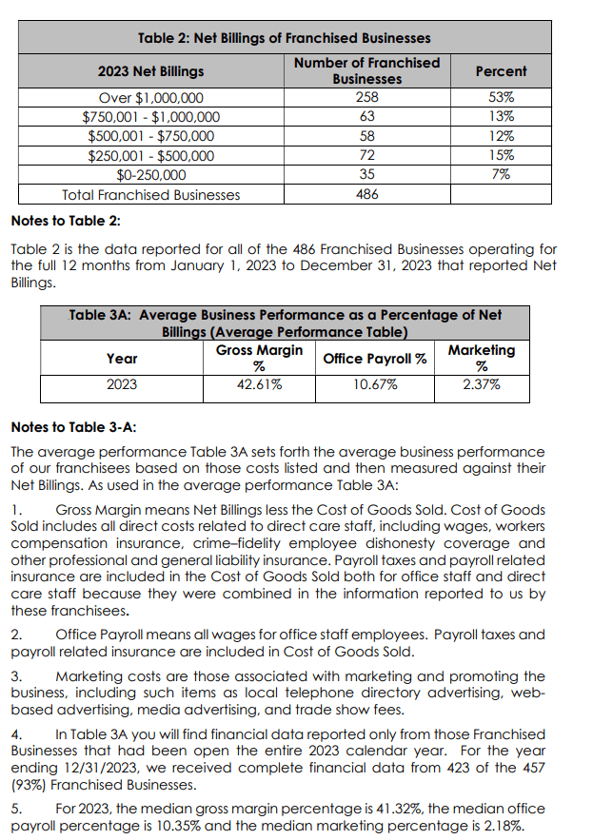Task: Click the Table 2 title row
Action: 284,38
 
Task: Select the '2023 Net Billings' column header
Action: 150,71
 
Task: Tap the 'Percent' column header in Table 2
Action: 501,71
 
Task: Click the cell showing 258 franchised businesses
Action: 366,97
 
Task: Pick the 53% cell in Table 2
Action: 501,97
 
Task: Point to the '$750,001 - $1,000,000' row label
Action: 150,117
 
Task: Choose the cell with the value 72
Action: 366,155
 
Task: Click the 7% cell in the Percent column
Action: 501,174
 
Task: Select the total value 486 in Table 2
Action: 366,194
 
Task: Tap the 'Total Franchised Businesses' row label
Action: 150,194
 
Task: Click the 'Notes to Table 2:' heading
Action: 65,222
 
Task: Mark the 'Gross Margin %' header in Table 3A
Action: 259,359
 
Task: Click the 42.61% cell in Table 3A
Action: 259,385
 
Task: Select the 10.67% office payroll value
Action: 375,385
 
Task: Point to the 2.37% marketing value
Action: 482,385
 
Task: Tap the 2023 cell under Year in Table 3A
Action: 122,385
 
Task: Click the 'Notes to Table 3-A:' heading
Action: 71,427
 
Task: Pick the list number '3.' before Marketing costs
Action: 16,675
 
